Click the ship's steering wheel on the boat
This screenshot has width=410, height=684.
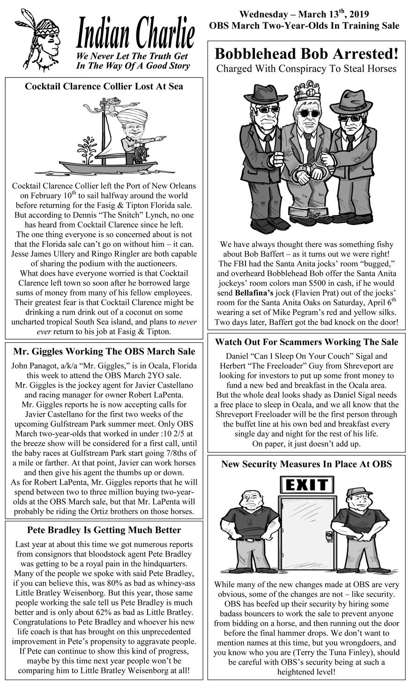pos(140,153)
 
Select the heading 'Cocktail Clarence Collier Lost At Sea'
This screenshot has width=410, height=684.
pos(104,86)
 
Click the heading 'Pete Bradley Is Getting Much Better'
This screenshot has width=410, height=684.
pos(104,530)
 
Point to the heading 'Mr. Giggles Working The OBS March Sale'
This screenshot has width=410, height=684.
pos(104,351)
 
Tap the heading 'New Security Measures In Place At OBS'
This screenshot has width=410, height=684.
pos(306,464)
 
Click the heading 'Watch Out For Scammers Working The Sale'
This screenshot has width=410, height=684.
pos(306,342)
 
